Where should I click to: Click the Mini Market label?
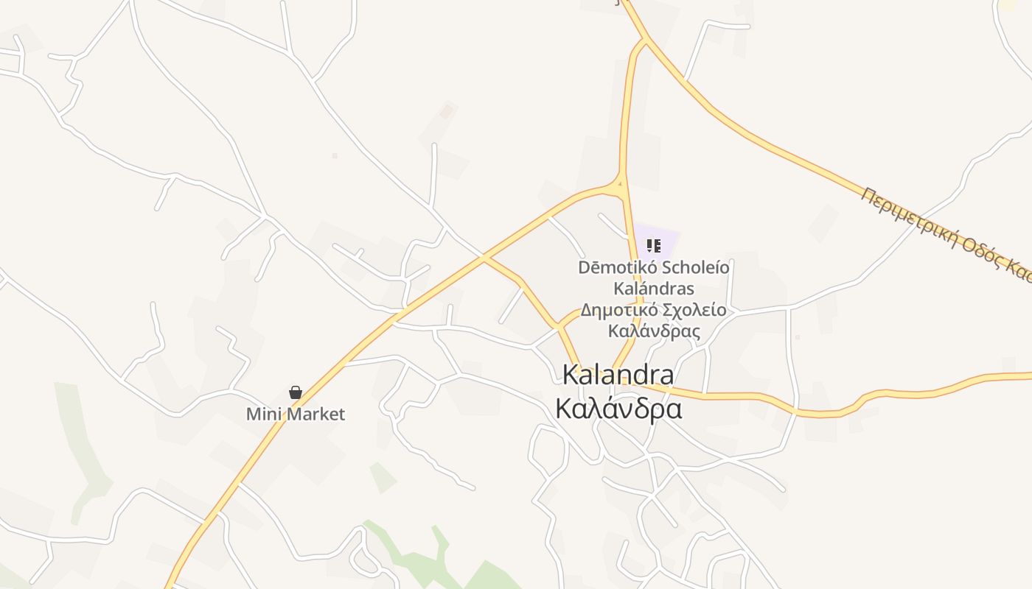click(295, 414)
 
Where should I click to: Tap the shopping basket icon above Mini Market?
click(296, 392)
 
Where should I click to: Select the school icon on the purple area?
click(653, 245)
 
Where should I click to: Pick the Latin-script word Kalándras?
click(654, 288)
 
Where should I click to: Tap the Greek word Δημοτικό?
click(616, 310)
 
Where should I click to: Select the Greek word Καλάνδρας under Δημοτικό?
click(654, 331)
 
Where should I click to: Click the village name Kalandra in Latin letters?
click(618, 374)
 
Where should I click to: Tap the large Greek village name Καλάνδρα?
click(618, 407)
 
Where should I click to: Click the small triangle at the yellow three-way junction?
click(621, 185)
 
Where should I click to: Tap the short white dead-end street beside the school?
click(612, 225)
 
